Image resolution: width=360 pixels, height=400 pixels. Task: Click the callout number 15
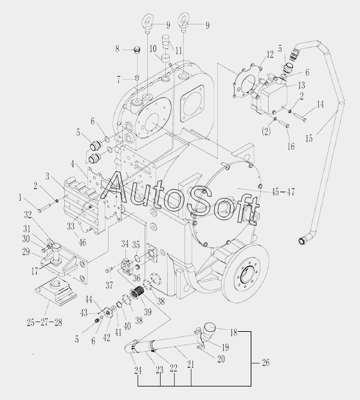pos(309,138)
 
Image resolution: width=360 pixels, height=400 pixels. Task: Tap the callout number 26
pos(265,363)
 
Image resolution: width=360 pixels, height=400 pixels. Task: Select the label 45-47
pos(283,192)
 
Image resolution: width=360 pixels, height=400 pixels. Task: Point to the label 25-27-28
pos(44,322)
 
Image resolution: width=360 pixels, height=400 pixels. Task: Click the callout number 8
pos(117,48)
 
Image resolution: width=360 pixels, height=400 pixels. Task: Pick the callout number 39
pos(148,312)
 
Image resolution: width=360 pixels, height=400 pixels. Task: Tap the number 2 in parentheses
pos(266,131)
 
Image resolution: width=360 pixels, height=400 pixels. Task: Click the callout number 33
pos(71,226)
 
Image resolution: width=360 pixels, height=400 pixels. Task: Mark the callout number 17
pos(35,271)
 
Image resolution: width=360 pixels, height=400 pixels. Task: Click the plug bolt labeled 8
pos(137,50)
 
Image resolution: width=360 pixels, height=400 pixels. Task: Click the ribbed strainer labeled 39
pos(138,293)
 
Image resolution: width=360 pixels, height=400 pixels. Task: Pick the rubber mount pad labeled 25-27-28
pos(56,290)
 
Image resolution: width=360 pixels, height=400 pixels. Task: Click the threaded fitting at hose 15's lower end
pos(301,241)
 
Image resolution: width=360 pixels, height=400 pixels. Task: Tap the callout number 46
pos(82,242)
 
